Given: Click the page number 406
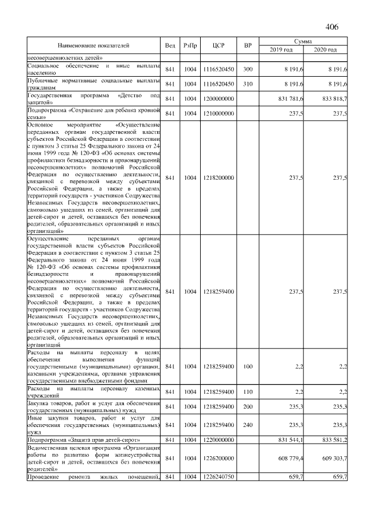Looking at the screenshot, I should point(332,26).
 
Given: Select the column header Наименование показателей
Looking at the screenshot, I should point(93,45).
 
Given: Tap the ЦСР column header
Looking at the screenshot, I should point(218,45).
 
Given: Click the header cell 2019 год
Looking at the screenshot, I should point(281,50).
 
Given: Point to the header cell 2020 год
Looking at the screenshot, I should point(325,50).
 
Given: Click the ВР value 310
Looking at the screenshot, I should point(248,85).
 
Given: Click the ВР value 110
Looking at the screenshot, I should point(248,392).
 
